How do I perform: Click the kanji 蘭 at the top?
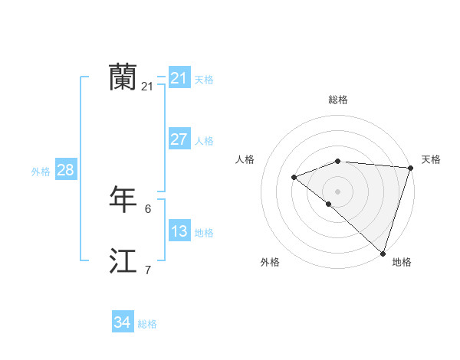tap(122, 77)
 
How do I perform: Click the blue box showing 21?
tap(179, 78)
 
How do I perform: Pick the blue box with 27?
tap(179, 139)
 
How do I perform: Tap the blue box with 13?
tap(179, 231)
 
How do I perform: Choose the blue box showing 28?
tap(65, 170)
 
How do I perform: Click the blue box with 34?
tap(122, 322)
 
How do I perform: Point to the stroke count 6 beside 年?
tap(148, 208)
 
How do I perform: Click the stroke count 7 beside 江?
tap(148, 270)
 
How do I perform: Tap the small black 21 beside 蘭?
tap(148, 87)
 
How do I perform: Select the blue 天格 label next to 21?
tap(204, 79)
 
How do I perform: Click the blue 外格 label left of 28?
tap(41, 172)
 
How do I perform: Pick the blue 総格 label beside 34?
tap(147, 324)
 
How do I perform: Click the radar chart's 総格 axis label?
tap(338, 100)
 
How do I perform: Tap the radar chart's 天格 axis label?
tap(431, 159)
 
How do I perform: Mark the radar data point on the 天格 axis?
tap(410, 168)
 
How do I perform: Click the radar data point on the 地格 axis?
tap(383, 253)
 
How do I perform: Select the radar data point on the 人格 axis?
tap(294, 177)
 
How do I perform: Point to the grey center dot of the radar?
tap(337, 191)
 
